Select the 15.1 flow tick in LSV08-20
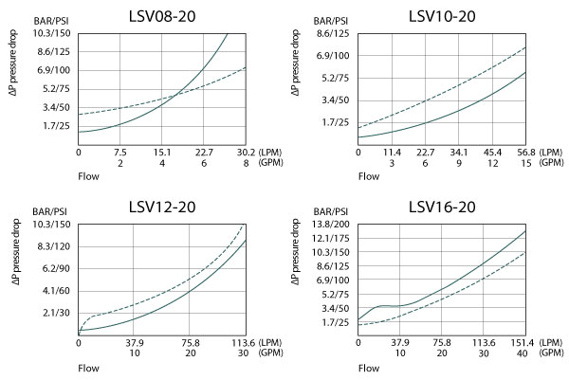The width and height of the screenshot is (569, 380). coord(162,152)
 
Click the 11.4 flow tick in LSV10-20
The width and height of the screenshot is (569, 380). coord(393,152)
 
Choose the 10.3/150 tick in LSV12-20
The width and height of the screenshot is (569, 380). coord(53,225)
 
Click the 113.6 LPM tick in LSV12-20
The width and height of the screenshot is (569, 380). coord(245,343)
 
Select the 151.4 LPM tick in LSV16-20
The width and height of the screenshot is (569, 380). coord(524,343)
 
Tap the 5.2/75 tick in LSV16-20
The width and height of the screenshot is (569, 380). coord(335,295)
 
